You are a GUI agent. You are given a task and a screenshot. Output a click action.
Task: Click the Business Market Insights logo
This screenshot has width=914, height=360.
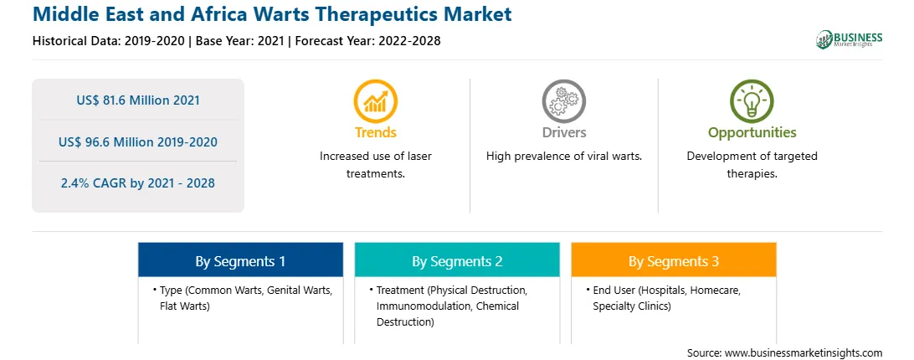pos(849,39)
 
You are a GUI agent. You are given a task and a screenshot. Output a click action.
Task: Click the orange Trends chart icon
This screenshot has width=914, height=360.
pos(375,101)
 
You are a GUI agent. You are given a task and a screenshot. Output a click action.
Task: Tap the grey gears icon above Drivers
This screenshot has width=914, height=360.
pos(563,101)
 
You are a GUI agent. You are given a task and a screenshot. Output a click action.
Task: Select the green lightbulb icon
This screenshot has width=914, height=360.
pos(752,101)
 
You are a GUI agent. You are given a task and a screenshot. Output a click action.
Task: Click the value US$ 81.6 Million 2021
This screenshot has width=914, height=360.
pos(138,100)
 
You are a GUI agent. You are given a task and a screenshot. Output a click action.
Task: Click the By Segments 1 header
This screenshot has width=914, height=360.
pos(241,261)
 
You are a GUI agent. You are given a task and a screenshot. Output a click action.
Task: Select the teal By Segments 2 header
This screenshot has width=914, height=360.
pos(457,261)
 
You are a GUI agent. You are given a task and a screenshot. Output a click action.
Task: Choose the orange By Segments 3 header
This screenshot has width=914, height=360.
pos(674,261)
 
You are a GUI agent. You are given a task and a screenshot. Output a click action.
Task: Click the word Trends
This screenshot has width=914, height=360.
pos(375,132)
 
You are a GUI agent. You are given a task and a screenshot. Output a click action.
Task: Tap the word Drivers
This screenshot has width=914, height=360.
pos(563,132)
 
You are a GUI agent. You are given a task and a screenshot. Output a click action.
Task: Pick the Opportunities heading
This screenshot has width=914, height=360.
pos(752,132)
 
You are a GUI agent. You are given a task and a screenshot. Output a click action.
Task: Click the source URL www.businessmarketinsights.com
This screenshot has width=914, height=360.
pos(804,352)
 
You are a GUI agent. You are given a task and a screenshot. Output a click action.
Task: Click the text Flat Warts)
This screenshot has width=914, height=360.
pos(184,306)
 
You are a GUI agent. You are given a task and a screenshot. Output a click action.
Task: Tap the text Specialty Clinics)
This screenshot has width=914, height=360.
pos(632,306)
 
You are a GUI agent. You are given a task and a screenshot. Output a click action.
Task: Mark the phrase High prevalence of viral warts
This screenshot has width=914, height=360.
pos(563,156)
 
